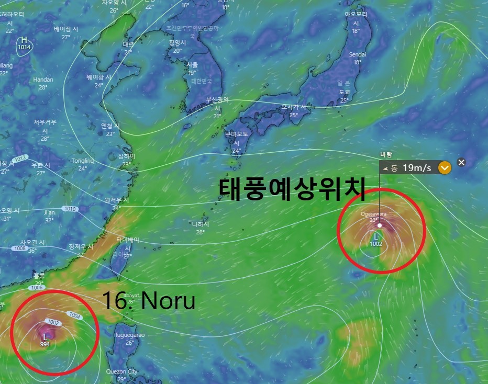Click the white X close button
461,162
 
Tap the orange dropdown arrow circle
445,168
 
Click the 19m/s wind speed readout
417,168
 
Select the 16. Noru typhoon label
148,301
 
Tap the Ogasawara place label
373,213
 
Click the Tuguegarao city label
129,335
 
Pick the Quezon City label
121,371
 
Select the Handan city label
43,80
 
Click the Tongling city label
83,161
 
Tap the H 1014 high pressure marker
24,44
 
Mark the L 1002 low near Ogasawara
375,240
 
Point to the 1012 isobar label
20,158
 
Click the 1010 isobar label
70,209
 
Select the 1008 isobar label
20,249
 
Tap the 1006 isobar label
37,288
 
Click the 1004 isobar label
75,315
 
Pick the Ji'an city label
49,213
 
